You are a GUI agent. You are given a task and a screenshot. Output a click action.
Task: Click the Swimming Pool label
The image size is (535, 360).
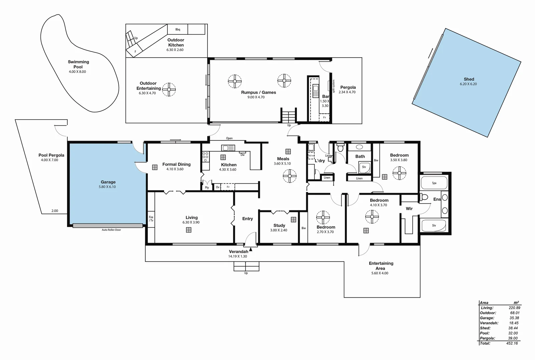78,64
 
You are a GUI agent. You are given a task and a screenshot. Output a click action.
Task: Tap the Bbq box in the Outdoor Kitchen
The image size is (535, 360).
177,29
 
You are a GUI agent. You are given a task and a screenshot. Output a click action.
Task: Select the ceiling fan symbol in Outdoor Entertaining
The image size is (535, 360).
169,89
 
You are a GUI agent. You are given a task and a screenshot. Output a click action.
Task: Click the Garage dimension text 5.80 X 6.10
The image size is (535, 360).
108,187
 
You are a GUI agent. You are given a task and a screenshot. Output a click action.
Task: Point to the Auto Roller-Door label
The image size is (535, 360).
111,230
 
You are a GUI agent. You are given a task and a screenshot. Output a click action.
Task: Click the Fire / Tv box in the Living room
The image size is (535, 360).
151,219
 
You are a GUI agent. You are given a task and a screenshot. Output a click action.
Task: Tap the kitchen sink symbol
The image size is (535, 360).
228,148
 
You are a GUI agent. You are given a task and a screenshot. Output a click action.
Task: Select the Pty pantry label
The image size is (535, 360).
207,187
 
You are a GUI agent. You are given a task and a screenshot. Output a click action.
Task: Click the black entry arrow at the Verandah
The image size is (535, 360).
250,248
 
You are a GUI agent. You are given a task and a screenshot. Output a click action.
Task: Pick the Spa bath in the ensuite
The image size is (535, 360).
434,183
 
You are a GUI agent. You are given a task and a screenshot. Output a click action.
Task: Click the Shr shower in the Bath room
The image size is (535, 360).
364,167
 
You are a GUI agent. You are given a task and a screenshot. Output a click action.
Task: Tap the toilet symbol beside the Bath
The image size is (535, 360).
340,147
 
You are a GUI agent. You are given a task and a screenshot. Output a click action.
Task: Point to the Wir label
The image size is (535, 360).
409,209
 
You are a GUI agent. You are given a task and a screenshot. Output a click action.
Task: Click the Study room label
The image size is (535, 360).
279,225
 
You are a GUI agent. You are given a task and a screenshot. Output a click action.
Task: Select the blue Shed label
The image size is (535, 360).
469,79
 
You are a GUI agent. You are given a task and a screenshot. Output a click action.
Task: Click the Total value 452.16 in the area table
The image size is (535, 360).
512,343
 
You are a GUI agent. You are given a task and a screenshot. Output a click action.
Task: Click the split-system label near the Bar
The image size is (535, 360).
333,86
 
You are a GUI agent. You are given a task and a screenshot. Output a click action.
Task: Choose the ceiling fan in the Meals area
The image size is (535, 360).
290,176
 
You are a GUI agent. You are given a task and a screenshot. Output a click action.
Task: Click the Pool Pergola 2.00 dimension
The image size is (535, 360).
55,211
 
